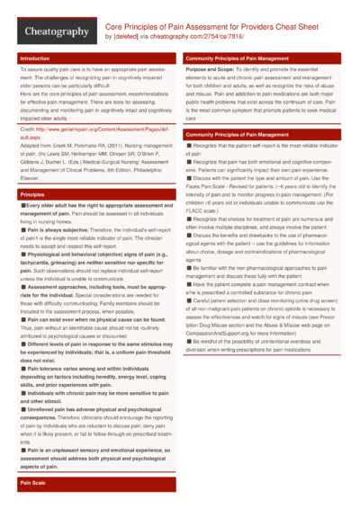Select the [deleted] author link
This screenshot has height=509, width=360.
(x=127, y=37)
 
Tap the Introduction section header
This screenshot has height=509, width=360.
(x=35, y=58)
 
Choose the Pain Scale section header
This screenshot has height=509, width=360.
(x=33, y=483)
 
